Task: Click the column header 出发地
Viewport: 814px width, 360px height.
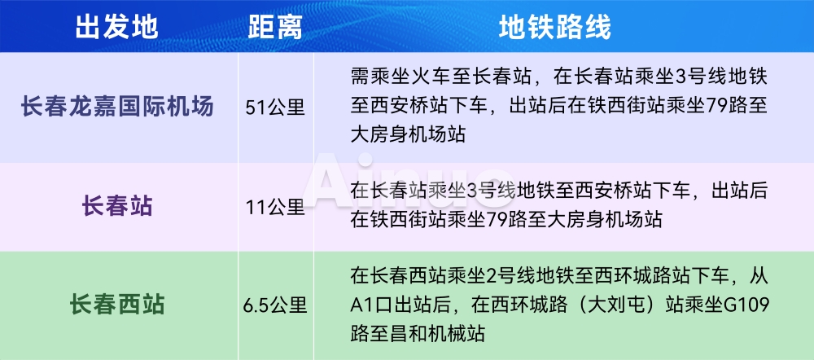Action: pos(116,27)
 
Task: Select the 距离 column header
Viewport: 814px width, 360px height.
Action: pos(274,27)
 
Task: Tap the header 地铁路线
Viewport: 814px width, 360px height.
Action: pos(555,27)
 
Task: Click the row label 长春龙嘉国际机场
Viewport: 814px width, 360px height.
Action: pos(116,107)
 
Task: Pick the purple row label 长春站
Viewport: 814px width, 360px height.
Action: pos(116,207)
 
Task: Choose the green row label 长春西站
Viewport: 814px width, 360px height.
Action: pos(116,305)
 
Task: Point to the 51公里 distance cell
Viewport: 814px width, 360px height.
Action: pos(275,108)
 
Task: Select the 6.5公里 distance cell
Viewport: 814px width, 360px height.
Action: pos(275,305)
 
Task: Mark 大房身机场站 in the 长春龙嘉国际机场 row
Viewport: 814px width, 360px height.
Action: pos(408,135)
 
